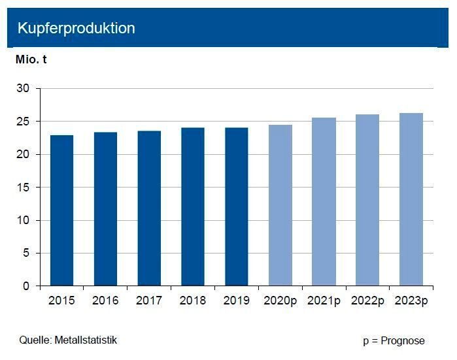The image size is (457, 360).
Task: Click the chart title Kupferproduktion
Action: pos(76,28)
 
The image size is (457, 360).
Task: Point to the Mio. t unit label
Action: pos(31,59)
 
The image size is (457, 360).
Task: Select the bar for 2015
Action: pos(61,210)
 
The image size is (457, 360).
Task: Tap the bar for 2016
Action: pos(105,209)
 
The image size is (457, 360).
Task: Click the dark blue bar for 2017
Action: pos(149,208)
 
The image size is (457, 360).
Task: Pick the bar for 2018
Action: pos(193,206)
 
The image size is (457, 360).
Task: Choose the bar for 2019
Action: pos(236,206)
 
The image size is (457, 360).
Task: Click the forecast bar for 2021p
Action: pos(324,202)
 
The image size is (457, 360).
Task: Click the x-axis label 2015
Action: pos(61,301)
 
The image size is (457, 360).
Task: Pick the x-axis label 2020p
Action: pos(280,301)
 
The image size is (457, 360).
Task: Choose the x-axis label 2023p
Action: pos(411,301)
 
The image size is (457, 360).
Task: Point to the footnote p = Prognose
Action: pos(394,340)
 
